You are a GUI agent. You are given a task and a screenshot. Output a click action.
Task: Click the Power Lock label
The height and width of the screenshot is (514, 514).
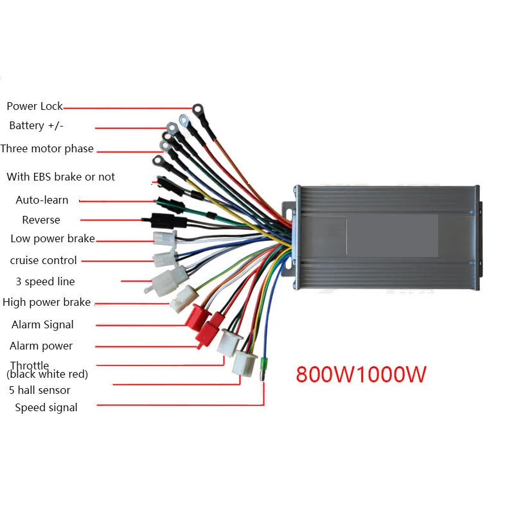pyautogui.click(x=35, y=106)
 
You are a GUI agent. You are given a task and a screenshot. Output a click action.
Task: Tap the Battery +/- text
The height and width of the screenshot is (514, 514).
pyautogui.click(x=36, y=126)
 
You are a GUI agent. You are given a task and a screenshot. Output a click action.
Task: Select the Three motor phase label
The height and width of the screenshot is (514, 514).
pyautogui.click(x=47, y=148)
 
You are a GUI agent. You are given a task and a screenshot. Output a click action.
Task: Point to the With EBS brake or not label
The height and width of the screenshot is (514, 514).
pyautogui.click(x=60, y=177)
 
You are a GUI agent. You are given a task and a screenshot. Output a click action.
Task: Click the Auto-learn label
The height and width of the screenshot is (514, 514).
pyautogui.click(x=42, y=200)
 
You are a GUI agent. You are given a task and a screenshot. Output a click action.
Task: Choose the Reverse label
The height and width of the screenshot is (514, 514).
pyautogui.click(x=41, y=220)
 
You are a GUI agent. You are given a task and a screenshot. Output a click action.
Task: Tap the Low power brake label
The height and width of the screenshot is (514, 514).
pyautogui.click(x=53, y=239)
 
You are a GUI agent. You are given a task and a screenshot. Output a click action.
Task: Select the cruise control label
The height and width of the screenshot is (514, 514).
pyautogui.click(x=43, y=260)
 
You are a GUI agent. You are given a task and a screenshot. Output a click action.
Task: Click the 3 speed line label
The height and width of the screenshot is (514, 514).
pyautogui.click(x=45, y=281)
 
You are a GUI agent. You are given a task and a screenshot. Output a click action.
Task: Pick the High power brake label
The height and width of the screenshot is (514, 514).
pyautogui.click(x=46, y=302)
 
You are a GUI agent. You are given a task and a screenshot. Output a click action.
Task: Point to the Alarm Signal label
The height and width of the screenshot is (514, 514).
pyautogui.click(x=42, y=324)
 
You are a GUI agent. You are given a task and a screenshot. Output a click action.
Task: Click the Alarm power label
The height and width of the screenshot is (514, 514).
pyautogui.click(x=41, y=346)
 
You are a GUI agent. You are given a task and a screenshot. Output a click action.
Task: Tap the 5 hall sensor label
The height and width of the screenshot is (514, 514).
pyautogui.click(x=40, y=390)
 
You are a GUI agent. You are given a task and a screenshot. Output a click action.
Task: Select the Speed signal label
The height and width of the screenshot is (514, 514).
pyautogui.click(x=46, y=407)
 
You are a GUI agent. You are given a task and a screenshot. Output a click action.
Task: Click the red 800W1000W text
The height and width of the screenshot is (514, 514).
pyautogui.click(x=361, y=374)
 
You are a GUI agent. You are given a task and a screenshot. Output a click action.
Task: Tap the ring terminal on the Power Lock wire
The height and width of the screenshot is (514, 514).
pyautogui.click(x=197, y=110)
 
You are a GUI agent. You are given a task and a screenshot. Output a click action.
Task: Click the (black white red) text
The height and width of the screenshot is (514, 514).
pyautogui.click(x=47, y=375)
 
